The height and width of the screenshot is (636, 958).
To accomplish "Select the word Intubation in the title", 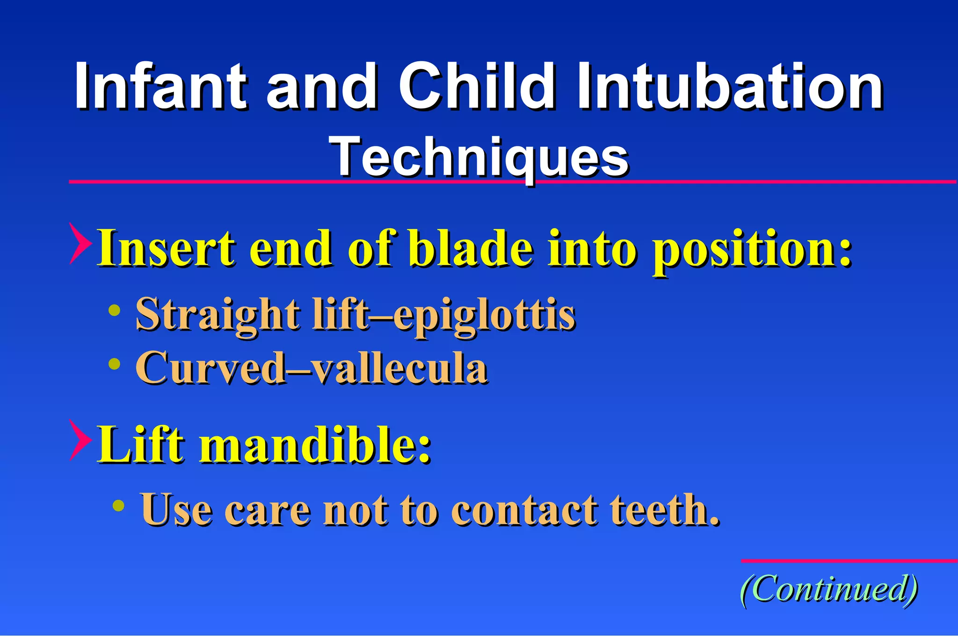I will (x=730, y=87).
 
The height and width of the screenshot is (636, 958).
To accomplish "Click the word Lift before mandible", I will (x=140, y=445).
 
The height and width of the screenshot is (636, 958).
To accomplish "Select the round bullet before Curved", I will (x=114, y=363).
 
